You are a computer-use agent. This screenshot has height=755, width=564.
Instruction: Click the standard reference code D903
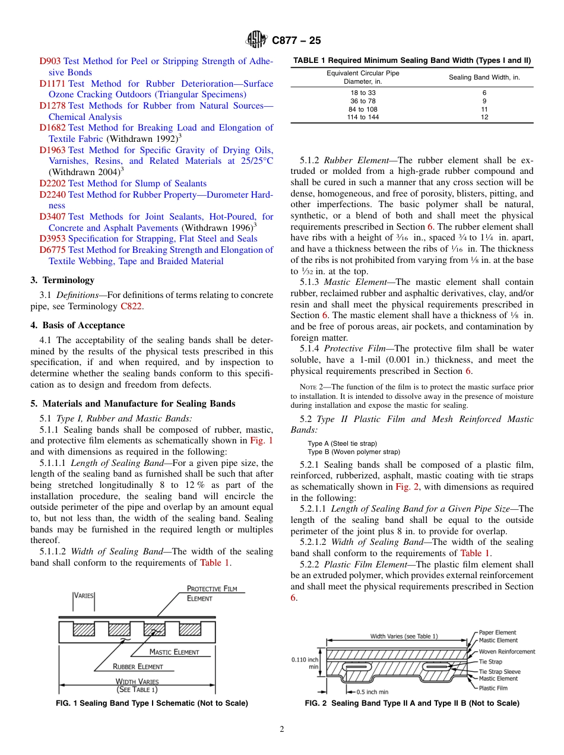(x=50, y=61)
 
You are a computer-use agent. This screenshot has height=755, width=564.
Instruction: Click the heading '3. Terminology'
(x=62, y=280)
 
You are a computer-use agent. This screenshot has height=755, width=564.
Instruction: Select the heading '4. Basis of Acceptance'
(x=78, y=325)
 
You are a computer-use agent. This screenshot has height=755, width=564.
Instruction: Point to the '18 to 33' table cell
(x=363, y=93)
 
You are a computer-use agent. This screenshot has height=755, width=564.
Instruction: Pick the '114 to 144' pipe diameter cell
(x=363, y=118)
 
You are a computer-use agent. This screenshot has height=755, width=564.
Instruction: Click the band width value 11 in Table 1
(x=484, y=109)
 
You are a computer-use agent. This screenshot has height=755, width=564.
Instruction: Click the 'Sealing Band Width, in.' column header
(x=484, y=77)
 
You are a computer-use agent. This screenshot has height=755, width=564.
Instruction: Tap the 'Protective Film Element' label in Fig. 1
(x=211, y=594)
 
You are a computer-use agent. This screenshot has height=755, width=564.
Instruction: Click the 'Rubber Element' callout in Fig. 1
(x=138, y=667)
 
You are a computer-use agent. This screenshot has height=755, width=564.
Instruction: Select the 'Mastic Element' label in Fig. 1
(x=174, y=652)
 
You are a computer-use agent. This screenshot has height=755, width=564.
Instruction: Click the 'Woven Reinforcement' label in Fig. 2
(x=506, y=652)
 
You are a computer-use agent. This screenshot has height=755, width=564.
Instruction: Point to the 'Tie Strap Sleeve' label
(x=499, y=672)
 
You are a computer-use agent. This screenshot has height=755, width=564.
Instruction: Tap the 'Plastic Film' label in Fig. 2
(x=493, y=689)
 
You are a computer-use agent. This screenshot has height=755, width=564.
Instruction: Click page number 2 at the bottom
(x=282, y=729)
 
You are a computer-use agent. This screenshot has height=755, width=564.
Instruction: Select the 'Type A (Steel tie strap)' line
(x=342, y=443)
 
